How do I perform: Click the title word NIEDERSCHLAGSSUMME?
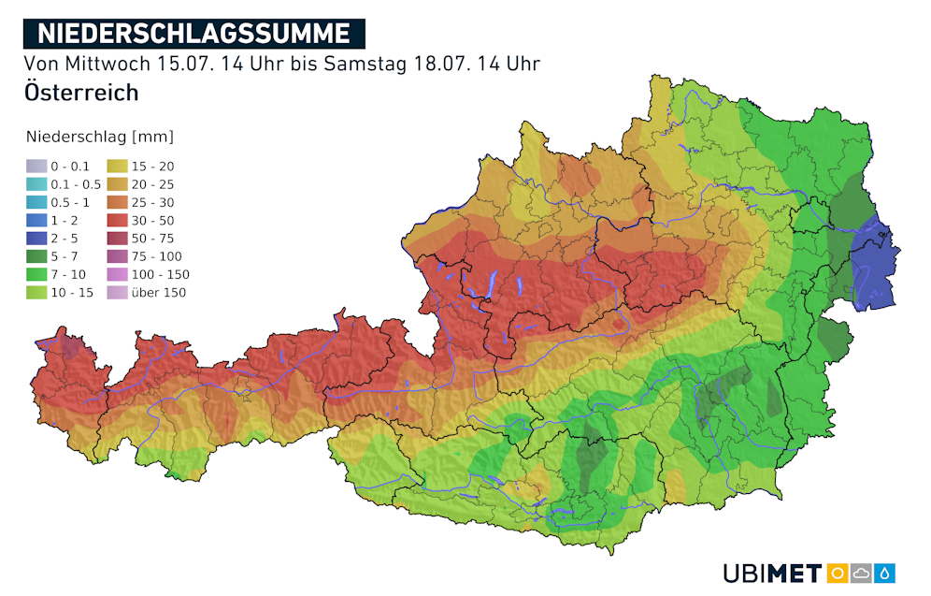tap(193, 34)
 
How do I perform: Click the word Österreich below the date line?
tap(82, 93)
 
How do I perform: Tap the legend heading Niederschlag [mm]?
tap(100, 138)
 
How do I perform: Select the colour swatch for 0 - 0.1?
tap(35, 167)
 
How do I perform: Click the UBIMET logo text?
tap(772, 573)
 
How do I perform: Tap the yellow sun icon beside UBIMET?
tap(838, 573)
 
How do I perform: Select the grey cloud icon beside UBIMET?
tap(862, 573)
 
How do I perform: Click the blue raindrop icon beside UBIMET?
tap(885, 573)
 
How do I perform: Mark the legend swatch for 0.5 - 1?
tap(35, 203)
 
